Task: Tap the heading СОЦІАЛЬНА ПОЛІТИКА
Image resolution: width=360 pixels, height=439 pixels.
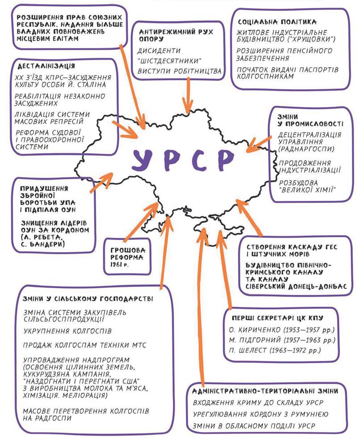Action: [277, 21]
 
